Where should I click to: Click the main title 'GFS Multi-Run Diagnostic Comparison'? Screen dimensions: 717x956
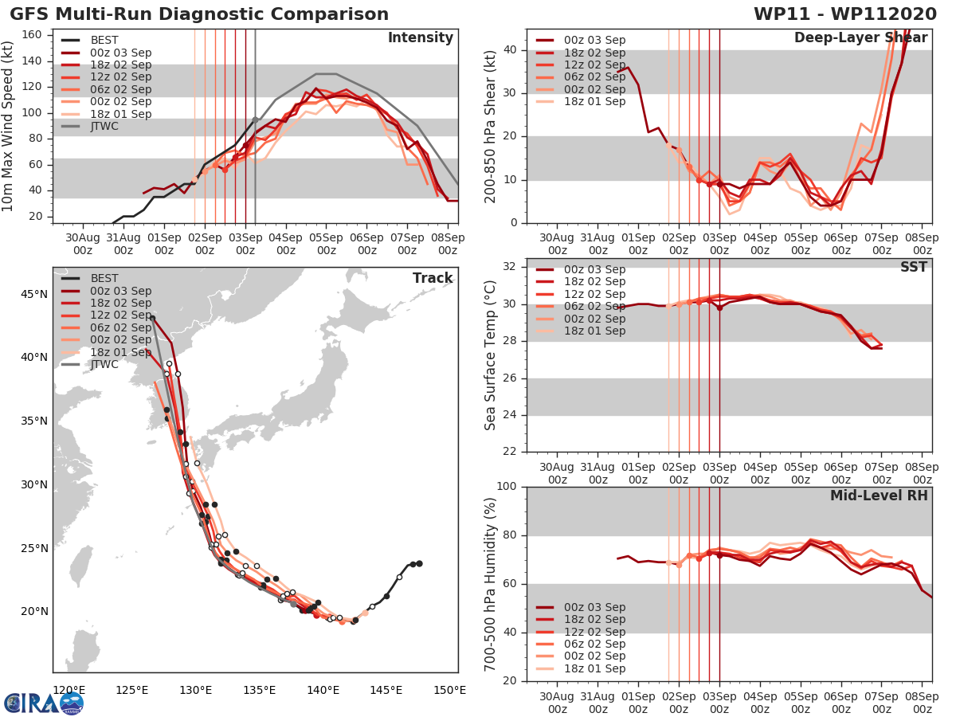tap(199, 14)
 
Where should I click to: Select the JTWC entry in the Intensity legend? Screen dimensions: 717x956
tap(104, 126)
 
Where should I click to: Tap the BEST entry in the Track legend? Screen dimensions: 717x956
tap(104, 278)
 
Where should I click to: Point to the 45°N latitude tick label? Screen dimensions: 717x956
tap(33, 295)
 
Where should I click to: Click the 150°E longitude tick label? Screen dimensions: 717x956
tap(449, 690)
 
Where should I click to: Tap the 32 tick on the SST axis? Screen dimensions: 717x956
tap(511, 266)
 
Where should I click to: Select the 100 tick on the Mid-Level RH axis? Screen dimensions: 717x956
tap(507, 487)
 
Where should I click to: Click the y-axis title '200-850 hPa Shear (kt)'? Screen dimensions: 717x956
tap(491, 126)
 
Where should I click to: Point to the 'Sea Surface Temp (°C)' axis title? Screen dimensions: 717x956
tap(491, 355)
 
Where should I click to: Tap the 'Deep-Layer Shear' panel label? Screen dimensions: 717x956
tap(860, 38)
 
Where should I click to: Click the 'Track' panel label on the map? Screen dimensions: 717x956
tap(433, 278)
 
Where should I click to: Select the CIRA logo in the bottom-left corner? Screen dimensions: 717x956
tap(43, 703)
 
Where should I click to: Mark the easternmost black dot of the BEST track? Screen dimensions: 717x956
tap(419, 563)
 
